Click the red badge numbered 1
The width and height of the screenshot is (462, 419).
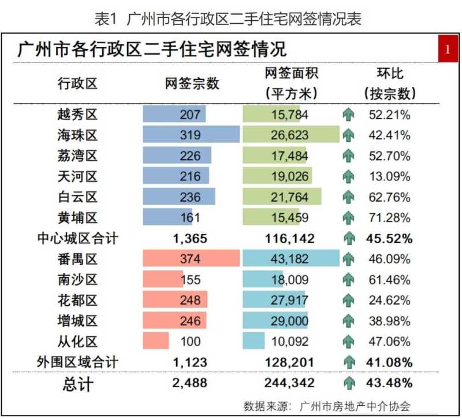click(x=447, y=49)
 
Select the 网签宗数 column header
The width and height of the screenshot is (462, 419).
click(x=192, y=83)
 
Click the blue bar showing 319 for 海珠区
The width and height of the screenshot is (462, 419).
click(x=191, y=135)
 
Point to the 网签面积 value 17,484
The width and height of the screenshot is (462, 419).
click(x=290, y=156)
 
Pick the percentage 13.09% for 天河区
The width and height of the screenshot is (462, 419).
click(x=390, y=176)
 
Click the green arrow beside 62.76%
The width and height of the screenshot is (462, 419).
click(x=348, y=197)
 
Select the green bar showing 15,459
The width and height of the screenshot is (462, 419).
click(x=271, y=218)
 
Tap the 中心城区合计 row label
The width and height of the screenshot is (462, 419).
click(x=77, y=238)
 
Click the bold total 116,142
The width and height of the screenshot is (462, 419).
click(x=290, y=238)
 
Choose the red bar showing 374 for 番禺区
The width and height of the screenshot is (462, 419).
click(x=191, y=259)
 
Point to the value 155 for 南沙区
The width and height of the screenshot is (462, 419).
click(x=191, y=280)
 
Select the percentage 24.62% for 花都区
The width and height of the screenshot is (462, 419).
click(x=390, y=301)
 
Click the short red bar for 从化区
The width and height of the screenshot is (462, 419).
click(x=156, y=341)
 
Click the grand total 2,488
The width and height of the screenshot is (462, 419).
click(x=190, y=383)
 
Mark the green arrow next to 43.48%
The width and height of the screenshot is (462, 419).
click(x=348, y=383)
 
